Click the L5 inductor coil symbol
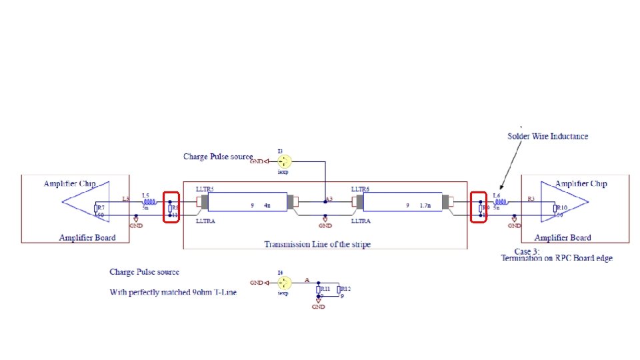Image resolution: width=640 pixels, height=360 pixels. click(x=149, y=202)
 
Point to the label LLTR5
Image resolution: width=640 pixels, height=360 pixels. click(x=205, y=189)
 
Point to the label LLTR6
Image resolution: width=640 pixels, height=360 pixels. click(x=360, y=189)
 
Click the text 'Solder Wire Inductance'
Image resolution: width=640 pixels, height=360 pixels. click(x=548, y=136)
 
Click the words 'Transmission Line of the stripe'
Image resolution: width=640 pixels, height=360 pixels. click(x=317, y=244)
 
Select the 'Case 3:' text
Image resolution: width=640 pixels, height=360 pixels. click(x=519, y=250)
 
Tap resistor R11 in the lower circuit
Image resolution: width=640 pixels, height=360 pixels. click(x=319, y=289)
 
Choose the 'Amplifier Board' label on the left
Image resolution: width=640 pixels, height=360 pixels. click(x=87, y=237)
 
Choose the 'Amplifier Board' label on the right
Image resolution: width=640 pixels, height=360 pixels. click(x=563, y=237)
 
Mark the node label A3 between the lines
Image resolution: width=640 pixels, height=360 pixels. click(x=329, y=199)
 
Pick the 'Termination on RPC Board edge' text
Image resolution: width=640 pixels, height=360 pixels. click(x=556, y=258)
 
